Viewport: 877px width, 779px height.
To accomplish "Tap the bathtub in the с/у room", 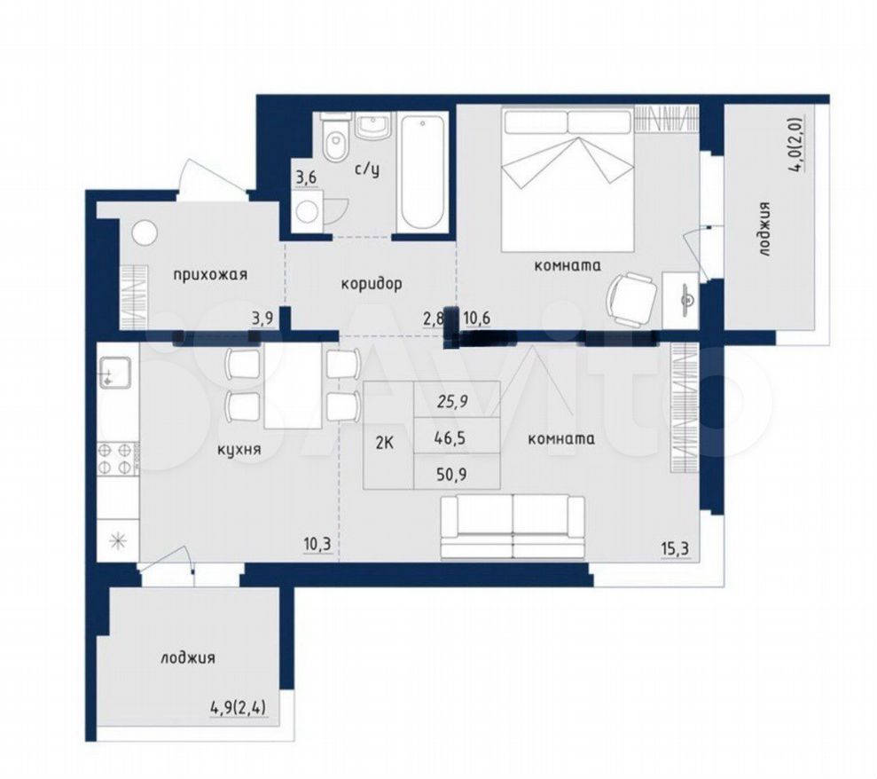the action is click(x=423, y=172).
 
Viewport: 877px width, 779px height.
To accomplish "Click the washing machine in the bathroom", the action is click(x=307, y=210).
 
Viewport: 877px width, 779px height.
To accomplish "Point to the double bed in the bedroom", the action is click(x=568, y=179).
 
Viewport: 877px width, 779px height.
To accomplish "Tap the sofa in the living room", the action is click(x=513, y=527).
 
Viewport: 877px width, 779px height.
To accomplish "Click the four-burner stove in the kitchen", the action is click(x=118, y=459).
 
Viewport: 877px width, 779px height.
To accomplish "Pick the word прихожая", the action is click(x=210, y=275).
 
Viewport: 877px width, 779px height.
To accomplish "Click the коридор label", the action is click(x=372, y=284).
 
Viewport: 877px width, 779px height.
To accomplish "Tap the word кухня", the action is click(x=239, y=448).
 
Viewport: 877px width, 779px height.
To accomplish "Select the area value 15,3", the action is click(x=674, y=549).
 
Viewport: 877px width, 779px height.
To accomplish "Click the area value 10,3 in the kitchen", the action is click(x=317, y=544).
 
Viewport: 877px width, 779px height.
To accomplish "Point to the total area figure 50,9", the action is click(x=451, y=475).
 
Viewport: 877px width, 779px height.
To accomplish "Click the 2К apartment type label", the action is click(x=384, y=444).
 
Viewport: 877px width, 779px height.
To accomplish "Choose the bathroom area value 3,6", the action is click(x=306, y=178).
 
